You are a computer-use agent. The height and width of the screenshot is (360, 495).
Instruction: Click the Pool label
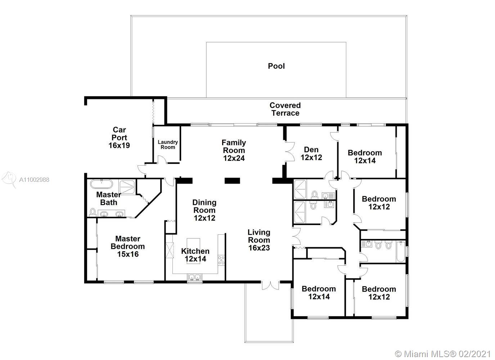(x=276, y=66)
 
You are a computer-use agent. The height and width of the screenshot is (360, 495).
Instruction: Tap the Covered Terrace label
(x=285, y=109)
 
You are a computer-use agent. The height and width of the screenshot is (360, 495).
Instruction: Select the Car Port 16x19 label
(x=119, y=138)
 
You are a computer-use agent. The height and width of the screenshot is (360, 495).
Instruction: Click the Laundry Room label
(x=168, y=144)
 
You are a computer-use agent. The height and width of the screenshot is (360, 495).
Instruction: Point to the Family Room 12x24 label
(x=234, y=150)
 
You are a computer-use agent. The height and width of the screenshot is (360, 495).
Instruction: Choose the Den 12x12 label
(x=311, y=154)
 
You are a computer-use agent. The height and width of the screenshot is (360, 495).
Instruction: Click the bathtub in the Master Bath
(x=102, y=184)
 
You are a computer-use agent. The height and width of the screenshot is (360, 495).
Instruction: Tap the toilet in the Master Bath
(x=93, y=212)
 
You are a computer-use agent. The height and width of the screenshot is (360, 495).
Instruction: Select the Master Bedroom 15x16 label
(x=128, y=246)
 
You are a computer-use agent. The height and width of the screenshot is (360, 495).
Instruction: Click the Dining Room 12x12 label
(x=204, y=210)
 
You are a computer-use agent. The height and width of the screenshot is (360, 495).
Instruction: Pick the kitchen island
(x=193, y=251)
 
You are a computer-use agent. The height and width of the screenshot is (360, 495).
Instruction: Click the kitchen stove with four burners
(x=221, y=260)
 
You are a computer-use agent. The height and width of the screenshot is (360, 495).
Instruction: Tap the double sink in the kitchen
(x=194, y=277)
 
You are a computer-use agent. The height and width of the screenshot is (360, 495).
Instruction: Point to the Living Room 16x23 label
(x=259, y=240)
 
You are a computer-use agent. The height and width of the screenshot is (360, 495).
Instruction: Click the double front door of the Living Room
(x=270, y=285)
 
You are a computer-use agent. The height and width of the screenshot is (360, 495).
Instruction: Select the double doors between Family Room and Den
(x=290, y=152)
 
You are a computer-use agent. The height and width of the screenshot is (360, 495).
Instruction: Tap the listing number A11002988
(x=34, y=180)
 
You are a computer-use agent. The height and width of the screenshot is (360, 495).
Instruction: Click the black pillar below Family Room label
(x=232, y=181)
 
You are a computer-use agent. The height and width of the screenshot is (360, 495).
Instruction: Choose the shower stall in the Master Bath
(x=127, y=187)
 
